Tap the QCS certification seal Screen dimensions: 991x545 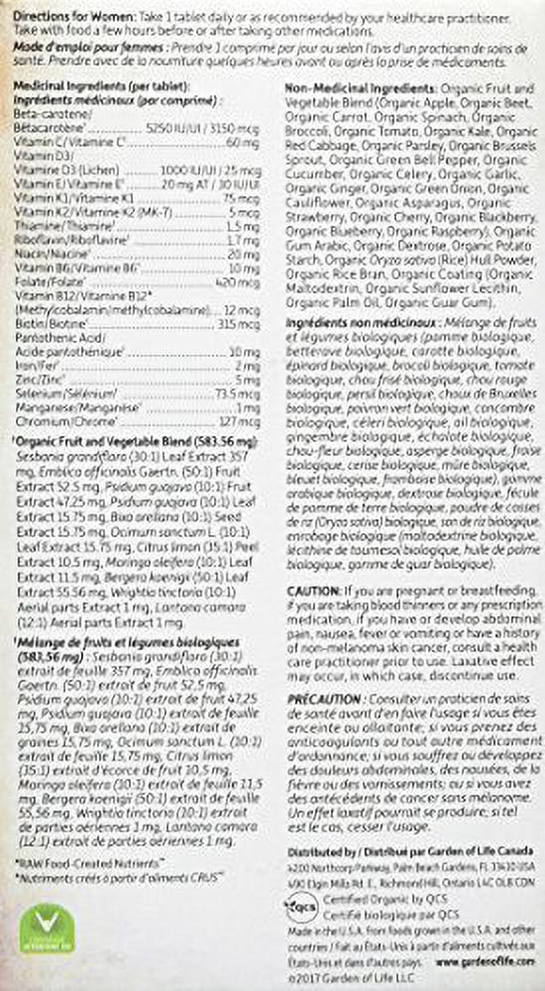point(295,908)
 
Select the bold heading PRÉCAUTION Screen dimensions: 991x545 point(324,700)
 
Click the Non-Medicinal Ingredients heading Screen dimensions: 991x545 point(361,89)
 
